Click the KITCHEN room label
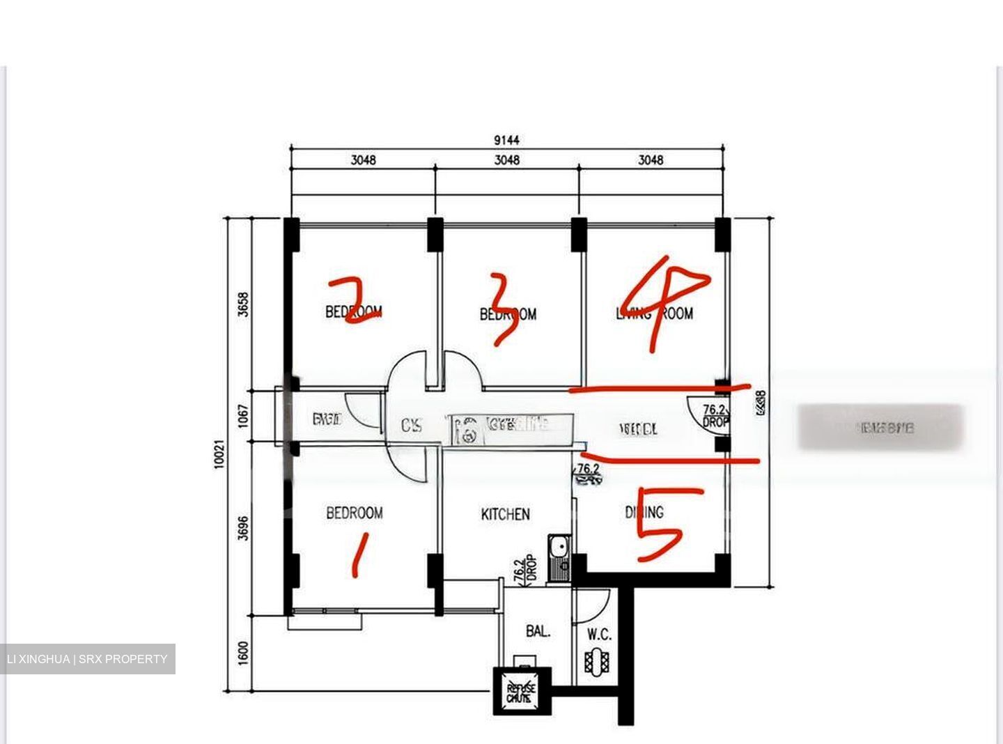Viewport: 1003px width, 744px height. click(505, 515)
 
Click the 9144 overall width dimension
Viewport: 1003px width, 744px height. click(506, 140)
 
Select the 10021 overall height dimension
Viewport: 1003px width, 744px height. click(219, 454)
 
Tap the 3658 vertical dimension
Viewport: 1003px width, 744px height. click(243, 304)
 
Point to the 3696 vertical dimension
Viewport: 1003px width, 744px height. click(243, 527)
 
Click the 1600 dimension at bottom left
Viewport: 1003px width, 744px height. click(243, 653)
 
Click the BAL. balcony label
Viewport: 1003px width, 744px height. click(538, 632)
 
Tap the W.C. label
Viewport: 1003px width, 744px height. click(599, 635)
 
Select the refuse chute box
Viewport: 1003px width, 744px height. click(522, 691)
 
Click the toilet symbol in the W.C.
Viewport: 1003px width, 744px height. click(597, 661)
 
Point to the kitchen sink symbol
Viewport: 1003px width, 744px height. click(559, 557)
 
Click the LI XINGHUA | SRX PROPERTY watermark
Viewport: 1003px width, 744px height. click(87, 659)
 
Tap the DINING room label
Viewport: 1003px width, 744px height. click(644, 513)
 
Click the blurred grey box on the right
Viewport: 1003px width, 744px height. click(880, 427)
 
